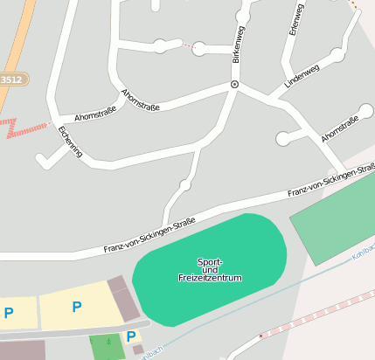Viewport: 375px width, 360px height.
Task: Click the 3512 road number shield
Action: (x=12, y=80)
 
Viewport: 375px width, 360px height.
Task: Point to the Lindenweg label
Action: (x=302, y=75)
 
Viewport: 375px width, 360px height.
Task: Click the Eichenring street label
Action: (x=69, y=142)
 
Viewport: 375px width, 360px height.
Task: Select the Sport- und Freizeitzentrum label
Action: (x=210, y=270)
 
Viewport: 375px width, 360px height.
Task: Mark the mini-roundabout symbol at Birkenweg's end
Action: (x=233, y=84)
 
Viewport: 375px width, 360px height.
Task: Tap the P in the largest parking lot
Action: (x=76, y=307)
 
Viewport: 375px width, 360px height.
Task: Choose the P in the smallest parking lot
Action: (x=130, y=336)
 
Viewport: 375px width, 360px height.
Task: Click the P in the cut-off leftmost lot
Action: (x=9, y=312)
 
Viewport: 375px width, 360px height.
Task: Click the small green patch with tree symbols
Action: (x=107, y=346)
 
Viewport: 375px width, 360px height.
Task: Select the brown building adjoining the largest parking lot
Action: (x=122, y=298)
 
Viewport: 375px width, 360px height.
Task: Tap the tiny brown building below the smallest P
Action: (x=138, y=350)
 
